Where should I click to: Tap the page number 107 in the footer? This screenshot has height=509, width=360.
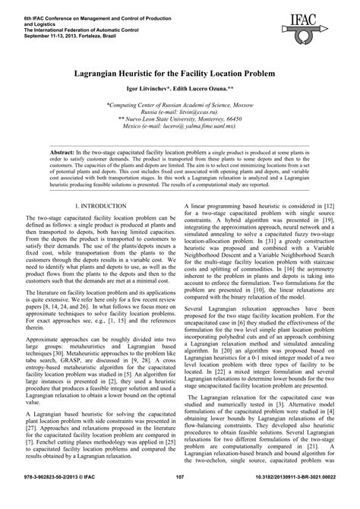pyautogui.click(x=180, y=498)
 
